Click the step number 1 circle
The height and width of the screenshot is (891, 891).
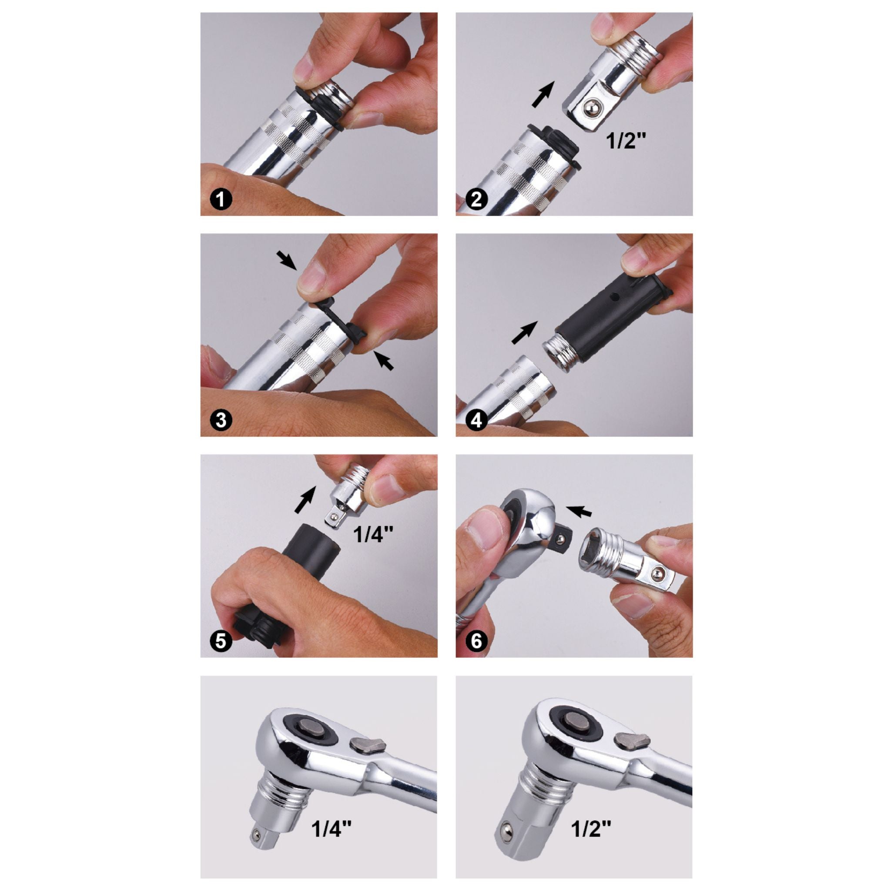tap(221, 200)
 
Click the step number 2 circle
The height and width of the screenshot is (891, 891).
tap(476, 200)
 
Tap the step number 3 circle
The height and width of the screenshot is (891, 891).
tap(221, 420)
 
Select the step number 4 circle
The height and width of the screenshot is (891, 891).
tap(476, 420)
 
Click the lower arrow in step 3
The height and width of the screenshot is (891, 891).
tap(383, 361)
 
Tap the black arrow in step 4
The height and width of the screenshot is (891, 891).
tap(524, 332)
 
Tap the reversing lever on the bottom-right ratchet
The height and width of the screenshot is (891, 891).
tap(632, 741)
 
